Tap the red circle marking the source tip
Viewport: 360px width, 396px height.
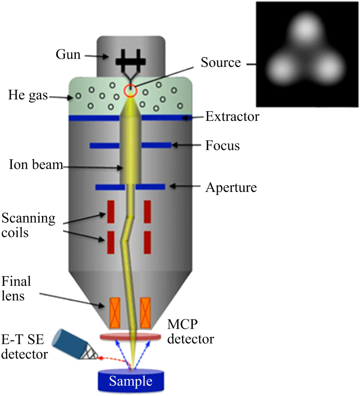pyautogui.click(x=130, y=91)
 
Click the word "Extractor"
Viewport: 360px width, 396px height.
pyautogui.click(x=232, y=117)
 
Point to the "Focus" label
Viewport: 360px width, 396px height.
pyautogui.click(x=222, y=146)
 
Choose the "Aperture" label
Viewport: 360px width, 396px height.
pyautogui.click(x=231, y=188)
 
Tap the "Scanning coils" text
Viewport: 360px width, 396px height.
pyautogui.click(x=28, y=225)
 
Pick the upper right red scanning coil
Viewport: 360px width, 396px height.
pyautogui.click(x=148, y=212)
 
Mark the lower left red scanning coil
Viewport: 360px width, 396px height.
pyautogui.click(x=111, y=242)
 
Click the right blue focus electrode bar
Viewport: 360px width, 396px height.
pyautogui.click(x=156, y=145)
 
